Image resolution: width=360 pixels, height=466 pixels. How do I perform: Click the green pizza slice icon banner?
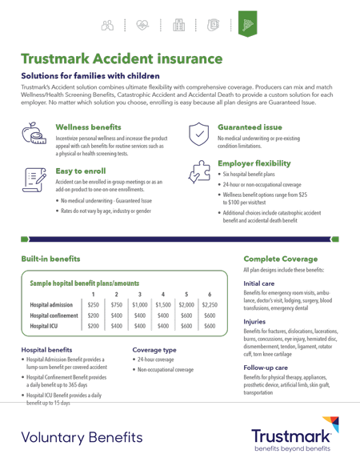coord(247,24)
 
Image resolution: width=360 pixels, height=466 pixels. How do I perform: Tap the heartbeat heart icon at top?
coord(142,25)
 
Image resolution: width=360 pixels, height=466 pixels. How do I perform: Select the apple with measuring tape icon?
coord(34,133)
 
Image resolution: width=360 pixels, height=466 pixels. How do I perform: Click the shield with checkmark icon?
coord(198,134)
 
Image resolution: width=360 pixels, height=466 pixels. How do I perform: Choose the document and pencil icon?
coord(34,180)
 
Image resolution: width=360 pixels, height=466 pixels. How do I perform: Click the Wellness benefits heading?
coord(88,127)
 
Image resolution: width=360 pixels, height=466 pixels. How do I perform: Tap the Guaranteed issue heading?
coord(250,127)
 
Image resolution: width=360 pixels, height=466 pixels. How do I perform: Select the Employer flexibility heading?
coord(254,163)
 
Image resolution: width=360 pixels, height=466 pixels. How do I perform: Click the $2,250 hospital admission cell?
coord(210,305)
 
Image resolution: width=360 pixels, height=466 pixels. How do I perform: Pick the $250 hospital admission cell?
coord(94,305)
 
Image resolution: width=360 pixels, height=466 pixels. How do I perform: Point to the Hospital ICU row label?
coord(44,326)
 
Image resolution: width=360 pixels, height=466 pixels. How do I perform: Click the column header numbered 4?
coord(163,294)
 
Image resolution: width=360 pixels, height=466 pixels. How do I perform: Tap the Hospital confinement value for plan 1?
coord(94,315)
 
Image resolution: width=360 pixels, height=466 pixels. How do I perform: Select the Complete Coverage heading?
coord(280,259)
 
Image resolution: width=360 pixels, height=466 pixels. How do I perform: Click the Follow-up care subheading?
coord(266,368)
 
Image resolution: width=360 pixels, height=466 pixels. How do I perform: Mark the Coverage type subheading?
coord(154,350)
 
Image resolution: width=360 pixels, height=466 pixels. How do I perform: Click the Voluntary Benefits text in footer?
coord(82,438)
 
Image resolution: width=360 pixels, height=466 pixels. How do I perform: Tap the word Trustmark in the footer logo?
coord(290,436)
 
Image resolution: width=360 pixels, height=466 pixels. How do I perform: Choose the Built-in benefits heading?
coord(50,259)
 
